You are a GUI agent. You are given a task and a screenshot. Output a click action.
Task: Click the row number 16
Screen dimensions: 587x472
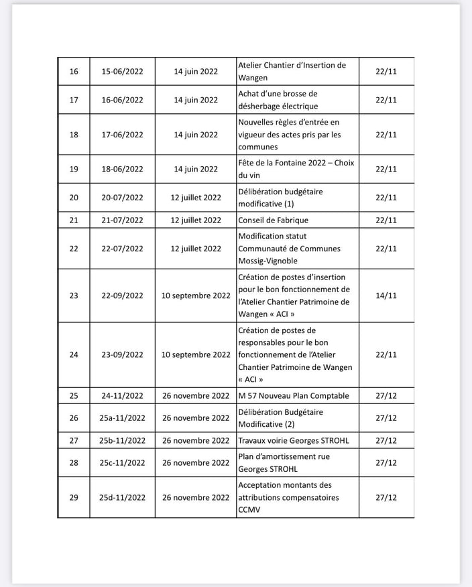click(74, 71)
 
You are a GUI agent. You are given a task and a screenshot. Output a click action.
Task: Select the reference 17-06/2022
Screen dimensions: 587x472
click(123, 135)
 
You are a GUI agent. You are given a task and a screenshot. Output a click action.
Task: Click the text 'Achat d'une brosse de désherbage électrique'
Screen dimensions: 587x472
click(278, 100)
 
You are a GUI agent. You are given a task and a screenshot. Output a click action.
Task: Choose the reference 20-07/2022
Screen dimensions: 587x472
click(123, 198)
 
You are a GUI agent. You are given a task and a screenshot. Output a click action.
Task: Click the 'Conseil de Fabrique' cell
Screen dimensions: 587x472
click(274, 220)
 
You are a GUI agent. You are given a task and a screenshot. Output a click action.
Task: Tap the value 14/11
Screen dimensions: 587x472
click(386, 296)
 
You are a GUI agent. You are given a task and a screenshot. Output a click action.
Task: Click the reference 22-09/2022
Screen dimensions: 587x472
click(123, 296)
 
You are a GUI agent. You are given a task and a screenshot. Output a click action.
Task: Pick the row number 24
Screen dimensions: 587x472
click(74, 355)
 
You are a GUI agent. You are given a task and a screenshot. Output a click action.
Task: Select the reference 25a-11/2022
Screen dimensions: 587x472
click(123, 418)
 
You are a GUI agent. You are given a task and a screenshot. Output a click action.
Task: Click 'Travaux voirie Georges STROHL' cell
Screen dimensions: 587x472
click(294, 441)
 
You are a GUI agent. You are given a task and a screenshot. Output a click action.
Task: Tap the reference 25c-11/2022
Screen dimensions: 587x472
click(123, 463)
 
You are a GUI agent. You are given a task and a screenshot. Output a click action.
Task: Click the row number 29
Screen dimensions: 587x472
click(74, 497)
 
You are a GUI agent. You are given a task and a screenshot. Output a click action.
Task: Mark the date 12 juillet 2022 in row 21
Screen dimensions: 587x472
click(196, 220)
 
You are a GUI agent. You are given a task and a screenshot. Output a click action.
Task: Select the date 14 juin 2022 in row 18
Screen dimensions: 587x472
click(196, 135)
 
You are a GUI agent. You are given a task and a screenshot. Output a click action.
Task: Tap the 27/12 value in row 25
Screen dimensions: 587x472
click(386, 396)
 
